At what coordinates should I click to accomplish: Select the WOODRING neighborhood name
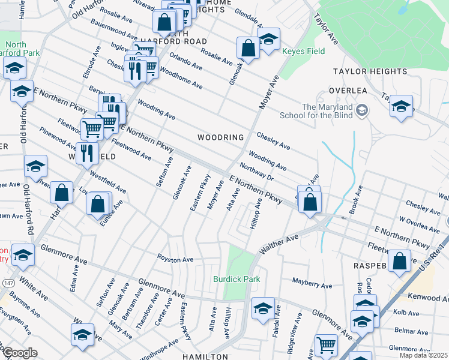tap(221, 137)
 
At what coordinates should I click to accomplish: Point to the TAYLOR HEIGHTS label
tap(370, 71)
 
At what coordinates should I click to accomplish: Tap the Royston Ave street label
tap(175, 260)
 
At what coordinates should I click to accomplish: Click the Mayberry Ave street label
tap(312, 281)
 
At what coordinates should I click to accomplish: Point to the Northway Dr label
tap(256, 173)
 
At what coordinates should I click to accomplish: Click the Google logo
tap(20, 353)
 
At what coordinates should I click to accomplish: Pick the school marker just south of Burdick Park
tap(263, 308)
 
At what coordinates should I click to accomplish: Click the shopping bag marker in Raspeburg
tap(399, 262)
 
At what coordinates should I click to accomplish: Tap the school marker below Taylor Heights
tap(401, 107)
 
